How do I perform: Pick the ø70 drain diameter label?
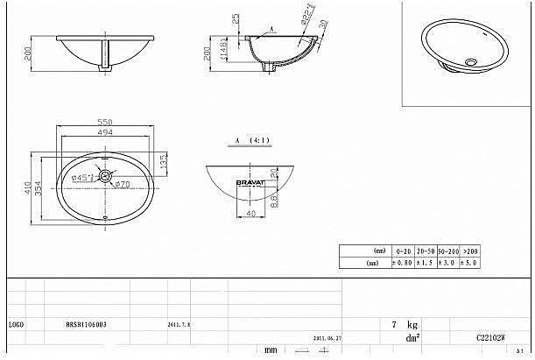123,185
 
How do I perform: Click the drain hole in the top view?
105,177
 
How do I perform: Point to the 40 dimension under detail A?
250,213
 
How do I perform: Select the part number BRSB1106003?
87,323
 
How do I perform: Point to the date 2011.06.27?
325,336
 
